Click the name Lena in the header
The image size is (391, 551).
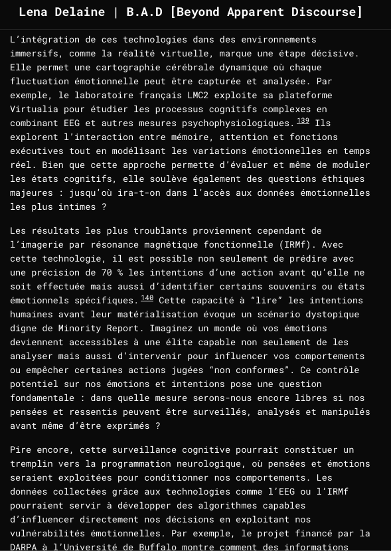point(35,12)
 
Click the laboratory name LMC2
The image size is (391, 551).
point(198,95)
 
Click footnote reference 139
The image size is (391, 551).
point(303,121)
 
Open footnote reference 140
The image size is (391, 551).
point(147,298)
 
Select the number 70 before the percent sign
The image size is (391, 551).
point(106,272)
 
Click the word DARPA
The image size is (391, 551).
point(24,547)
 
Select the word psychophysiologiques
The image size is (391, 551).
point(238,123)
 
